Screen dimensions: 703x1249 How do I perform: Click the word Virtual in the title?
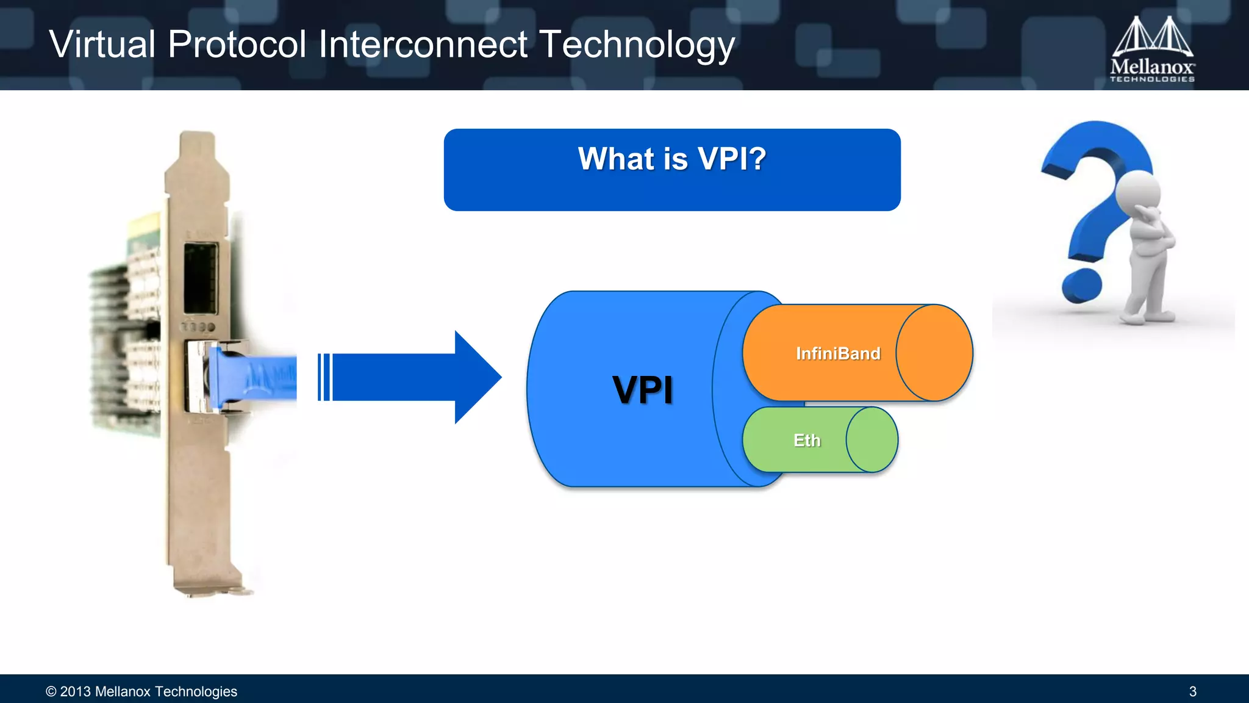click(x=102, y=45)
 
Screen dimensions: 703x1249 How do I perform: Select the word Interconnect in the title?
click(x=423, y=45)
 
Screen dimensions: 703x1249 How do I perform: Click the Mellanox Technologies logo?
click(x=1151, y=50)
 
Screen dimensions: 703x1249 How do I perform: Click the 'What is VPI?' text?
click(x=671, y=159)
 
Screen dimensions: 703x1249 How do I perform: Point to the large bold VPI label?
click(x=643, y=390)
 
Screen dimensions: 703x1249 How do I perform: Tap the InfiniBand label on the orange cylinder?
click(x=838, y=353)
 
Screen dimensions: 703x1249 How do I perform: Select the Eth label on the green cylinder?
click(x=806, y=441)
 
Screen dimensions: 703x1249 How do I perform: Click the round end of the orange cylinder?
click(x=934, y=353)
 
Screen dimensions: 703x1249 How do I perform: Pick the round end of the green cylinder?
click(x=872, y=440)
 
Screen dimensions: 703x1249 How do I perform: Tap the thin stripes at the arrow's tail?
click(x=324, y=377)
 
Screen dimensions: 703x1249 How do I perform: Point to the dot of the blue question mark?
click(x=1081, y=285)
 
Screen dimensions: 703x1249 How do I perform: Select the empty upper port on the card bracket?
click(x=201, y=278)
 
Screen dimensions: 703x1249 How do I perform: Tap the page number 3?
click(x=1192, y=691)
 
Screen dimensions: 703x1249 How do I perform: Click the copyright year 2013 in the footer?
click(x=75, y=691)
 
